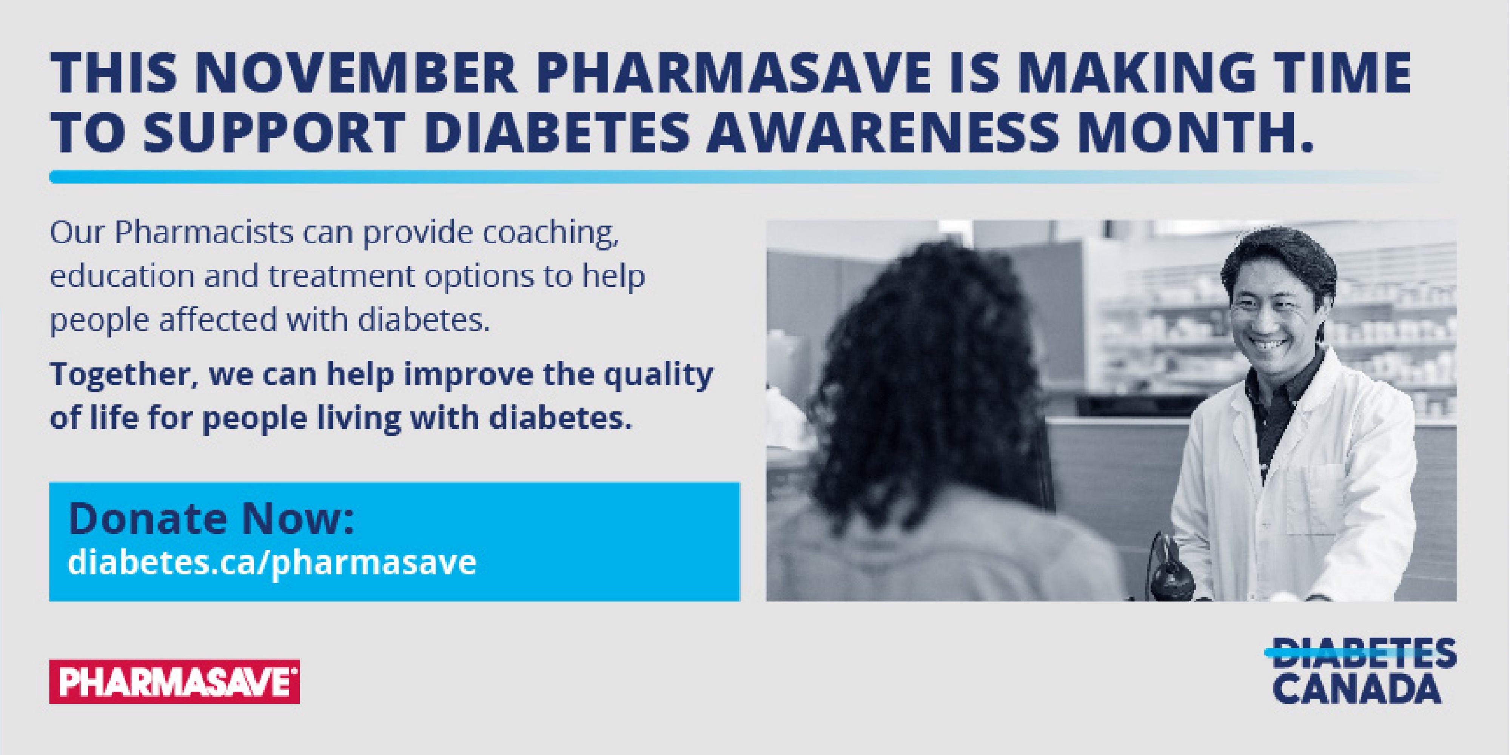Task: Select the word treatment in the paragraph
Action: pos(343,277)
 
